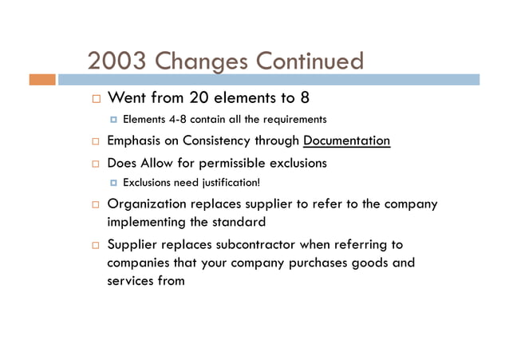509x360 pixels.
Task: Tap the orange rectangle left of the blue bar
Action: (x=42, y=80)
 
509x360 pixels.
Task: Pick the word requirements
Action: (x=294, y=120)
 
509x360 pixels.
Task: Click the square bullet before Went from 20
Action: (x=93, y=100)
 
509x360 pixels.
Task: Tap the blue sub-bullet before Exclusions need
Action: (x=113, y=183)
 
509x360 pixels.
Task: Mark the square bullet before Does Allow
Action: (x=93, y=164)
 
